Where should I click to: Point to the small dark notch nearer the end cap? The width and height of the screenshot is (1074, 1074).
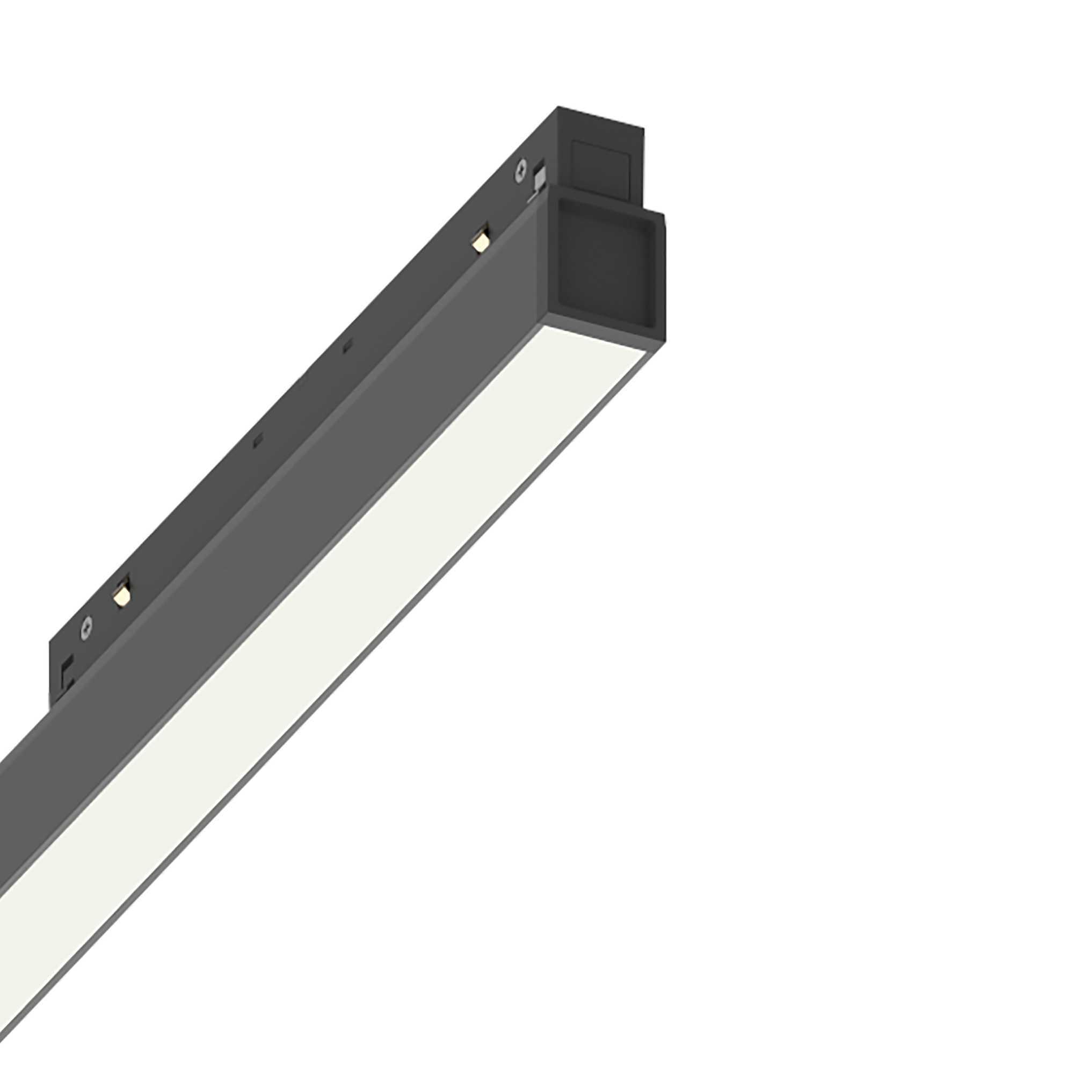click(347, 347)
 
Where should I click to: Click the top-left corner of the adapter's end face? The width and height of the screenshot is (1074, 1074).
click(558, 107)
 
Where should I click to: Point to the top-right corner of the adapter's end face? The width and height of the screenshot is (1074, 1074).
click(644, 131)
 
